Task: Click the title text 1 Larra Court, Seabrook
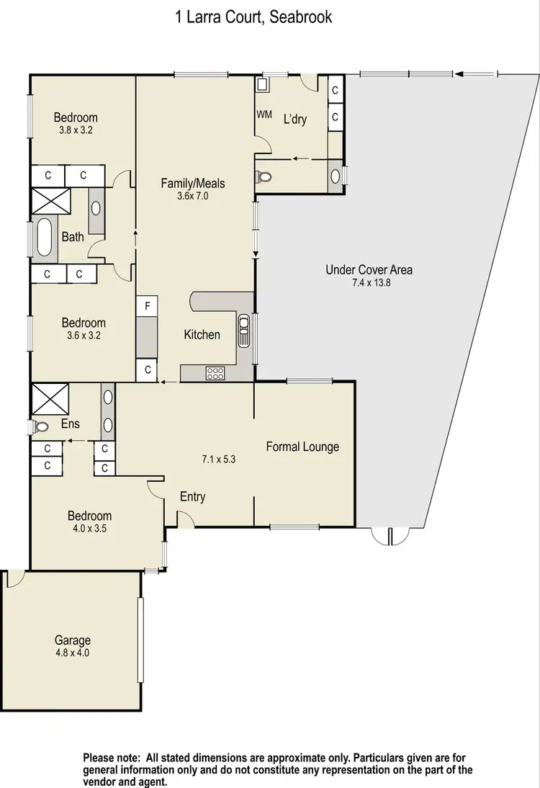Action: (254, 17)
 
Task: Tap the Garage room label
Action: (73, 640)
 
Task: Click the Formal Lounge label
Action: (302, 447)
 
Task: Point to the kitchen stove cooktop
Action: (215, 373)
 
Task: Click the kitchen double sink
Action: (244, 328)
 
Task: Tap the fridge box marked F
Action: (147, 306)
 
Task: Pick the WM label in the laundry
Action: (264, 115)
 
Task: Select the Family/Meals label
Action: (193, 184)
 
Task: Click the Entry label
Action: (193, 496)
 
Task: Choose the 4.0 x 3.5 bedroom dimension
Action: (90, 528)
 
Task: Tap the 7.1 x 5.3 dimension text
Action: (219, 458)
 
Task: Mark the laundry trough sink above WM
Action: (262, 85)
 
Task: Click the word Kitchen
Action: (202, 334)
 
